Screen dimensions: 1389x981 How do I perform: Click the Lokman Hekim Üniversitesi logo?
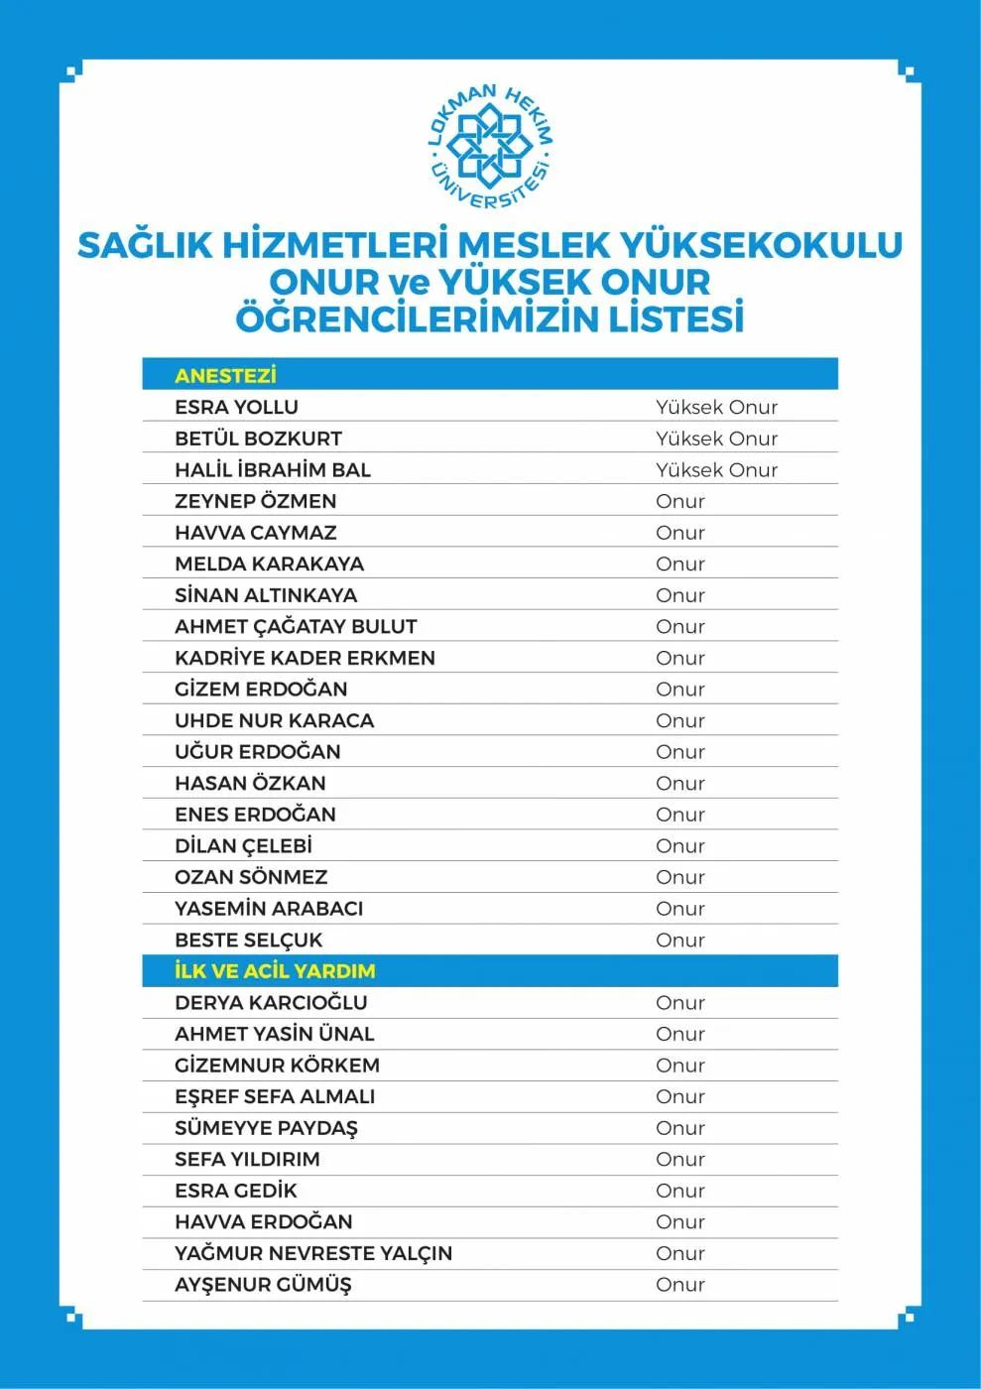489,147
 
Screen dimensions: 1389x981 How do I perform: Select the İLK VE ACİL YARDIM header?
275,971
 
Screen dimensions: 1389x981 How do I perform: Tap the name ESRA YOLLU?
236,407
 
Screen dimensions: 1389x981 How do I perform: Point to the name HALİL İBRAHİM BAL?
273,469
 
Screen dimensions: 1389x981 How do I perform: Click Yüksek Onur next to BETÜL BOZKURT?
716,439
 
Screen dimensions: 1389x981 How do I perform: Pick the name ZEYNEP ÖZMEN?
255,501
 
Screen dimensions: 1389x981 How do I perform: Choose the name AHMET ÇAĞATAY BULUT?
296,626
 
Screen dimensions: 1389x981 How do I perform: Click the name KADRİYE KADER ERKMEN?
305,658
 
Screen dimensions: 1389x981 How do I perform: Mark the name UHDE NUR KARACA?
274,720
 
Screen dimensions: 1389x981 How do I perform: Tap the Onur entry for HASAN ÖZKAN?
679,783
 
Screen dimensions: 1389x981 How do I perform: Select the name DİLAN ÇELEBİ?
243,845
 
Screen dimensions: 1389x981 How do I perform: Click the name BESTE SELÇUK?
248,940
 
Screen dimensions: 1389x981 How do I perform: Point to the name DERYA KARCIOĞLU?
271,1002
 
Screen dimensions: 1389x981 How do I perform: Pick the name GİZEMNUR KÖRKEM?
277,1065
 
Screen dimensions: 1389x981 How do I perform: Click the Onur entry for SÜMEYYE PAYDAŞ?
679,1128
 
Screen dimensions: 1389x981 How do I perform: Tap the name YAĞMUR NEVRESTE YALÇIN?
313,1253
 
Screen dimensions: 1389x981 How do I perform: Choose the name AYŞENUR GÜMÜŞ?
263,1285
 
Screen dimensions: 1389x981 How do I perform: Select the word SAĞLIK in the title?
145,245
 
